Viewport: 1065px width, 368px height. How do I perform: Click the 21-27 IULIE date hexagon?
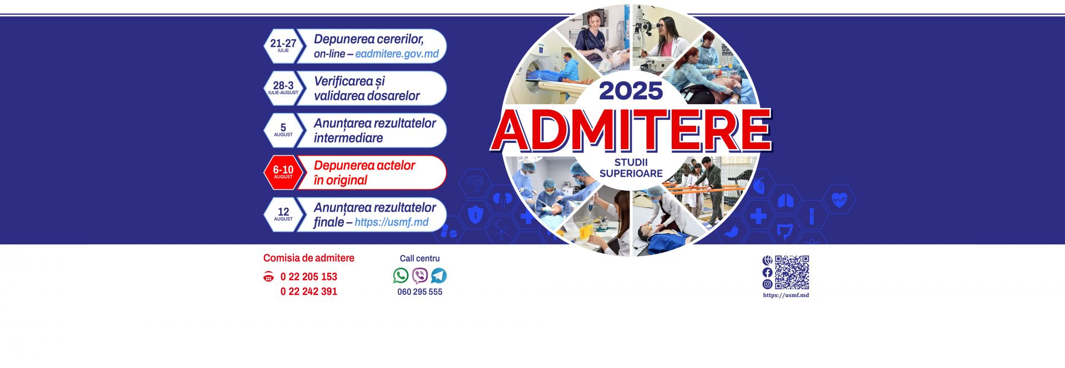pyautogui.click(x=283, y=46)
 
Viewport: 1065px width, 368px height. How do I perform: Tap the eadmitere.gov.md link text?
pyautogui.click(x=397, y=54)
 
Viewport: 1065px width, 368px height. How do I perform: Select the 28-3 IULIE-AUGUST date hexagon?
pyautogui.click(x=283, y=88)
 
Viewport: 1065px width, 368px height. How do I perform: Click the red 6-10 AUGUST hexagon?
pyautogui.click(x=283, y=172)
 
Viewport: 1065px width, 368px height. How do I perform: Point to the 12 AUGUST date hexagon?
pyautogui.click(x=283, y=214)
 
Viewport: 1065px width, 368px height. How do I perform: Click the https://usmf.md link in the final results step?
pyautogui.click(x=391, y=222)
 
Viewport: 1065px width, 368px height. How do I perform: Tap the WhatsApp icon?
pyautogui.click(x=400, y=275)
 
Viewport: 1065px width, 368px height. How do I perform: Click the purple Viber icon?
pyautogui.click(x=420, y=275)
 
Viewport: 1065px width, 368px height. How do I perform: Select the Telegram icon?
pyautogui.click(x=439, y=275)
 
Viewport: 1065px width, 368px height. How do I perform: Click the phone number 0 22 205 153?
pyautogui.click(x=308, y=277)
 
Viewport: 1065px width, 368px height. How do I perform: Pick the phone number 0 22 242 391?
pyautogui.click(x=308, y=292)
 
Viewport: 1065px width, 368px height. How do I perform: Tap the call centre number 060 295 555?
pyautogui.click(x=419, y=292)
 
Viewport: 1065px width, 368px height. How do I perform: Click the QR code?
pyautogui.click(x=792, y=272)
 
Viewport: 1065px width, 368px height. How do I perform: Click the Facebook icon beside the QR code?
pyautogui.click(x=767, y=272)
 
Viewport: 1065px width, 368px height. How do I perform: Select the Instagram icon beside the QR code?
pyautogui.click(x=767, y=284)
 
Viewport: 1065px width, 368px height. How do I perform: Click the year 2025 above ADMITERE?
pyautogui.click(x=631, y=91)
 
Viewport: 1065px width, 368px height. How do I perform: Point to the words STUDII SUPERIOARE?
pyautogui.click(x=631, y=168)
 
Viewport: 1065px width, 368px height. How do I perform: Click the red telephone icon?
pyautogui.click(x=268, y=277)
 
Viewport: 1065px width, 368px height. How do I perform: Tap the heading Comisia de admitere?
pyautogui.click(x=308, y=258)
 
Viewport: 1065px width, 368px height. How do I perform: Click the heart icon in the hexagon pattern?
pyautogui.click(x=839, y=200)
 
